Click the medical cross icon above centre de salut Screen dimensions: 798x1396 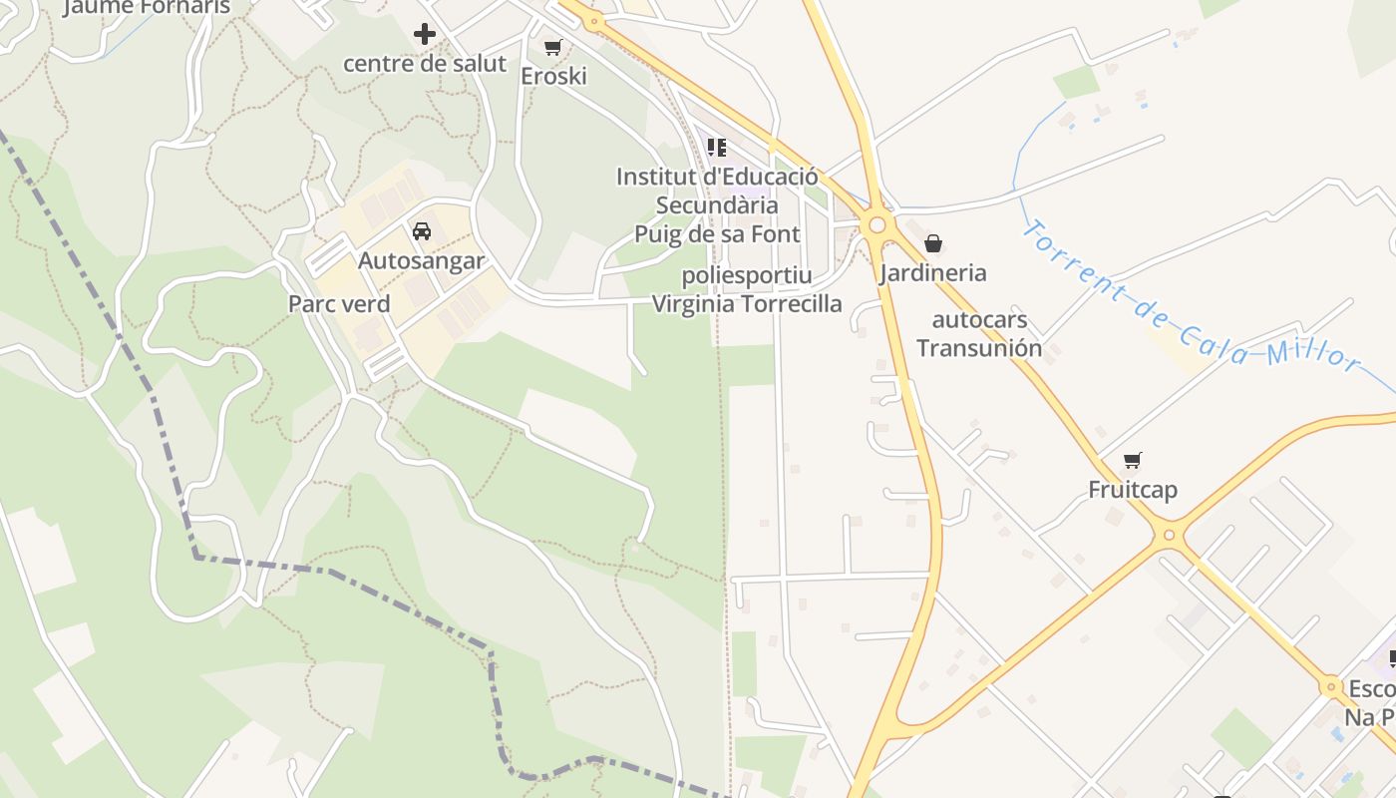tap(425, 34)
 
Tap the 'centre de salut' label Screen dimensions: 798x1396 tap(425, 64)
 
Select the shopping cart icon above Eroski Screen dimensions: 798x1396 tap(553, 47)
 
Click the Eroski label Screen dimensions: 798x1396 tap(553, 76)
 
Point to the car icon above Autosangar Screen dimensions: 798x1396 tap(422, 231)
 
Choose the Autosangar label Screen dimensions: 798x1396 tap(421, 261)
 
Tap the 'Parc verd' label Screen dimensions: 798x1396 tap(339, 303)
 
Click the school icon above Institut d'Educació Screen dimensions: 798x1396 tap(717, 148)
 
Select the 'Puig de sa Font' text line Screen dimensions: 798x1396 tap(717, 234)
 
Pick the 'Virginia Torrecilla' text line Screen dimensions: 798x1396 tap(747, 304)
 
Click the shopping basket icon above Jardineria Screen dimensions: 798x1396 tap(933, 243)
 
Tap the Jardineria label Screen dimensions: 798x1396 tap(933, 273)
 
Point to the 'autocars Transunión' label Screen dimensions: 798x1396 tap(978, 334)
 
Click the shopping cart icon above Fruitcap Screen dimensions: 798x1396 tap(1132, 460)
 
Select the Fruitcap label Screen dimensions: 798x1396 tap(1132, 490)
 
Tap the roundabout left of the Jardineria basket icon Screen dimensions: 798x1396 tap(877, 225)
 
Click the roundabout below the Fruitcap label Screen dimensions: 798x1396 tap(1170, 536)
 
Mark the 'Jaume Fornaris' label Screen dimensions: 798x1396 tap(147, 7)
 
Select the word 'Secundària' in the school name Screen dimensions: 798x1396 tap(717, 205)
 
